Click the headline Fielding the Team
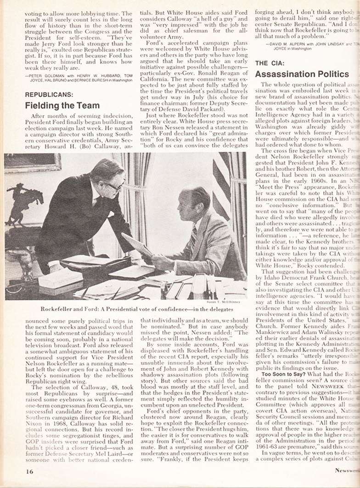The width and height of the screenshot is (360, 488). [x=62, y=106]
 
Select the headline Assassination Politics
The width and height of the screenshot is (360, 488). [x=302, y=74]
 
